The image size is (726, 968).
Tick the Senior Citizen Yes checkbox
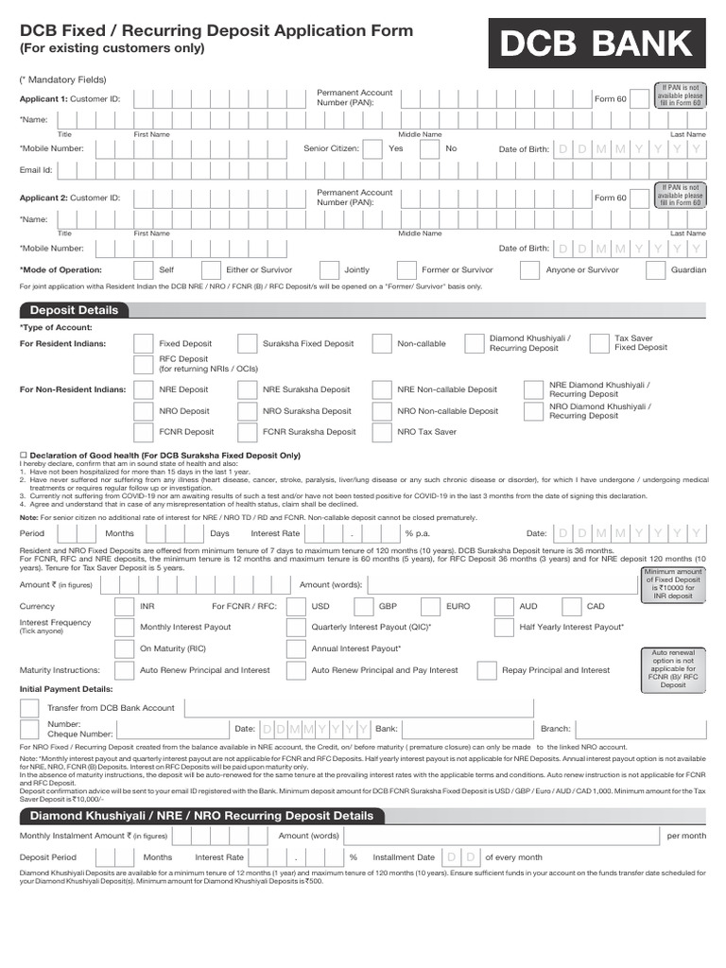(373, 148)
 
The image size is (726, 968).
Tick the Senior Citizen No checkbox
(431, 148)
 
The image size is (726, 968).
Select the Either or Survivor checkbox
(210, 269)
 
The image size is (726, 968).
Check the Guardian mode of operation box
(655, 269)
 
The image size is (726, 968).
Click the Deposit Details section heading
(74, 310)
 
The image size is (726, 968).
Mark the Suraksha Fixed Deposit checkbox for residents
(247, 343)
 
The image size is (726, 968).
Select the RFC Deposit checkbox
(143, 365)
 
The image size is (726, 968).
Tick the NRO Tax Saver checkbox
(382, 432)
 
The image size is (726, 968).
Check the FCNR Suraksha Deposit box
(247, 432)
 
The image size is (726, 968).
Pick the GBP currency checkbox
(363, 606)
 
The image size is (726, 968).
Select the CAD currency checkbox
(571, 606)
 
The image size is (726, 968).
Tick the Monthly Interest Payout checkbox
(124, 627)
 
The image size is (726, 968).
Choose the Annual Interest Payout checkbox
(296, 648)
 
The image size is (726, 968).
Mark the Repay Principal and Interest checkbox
(486, 670)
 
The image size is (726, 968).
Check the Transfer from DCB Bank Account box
(30, 708)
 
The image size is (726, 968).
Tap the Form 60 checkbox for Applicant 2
(640, 198)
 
